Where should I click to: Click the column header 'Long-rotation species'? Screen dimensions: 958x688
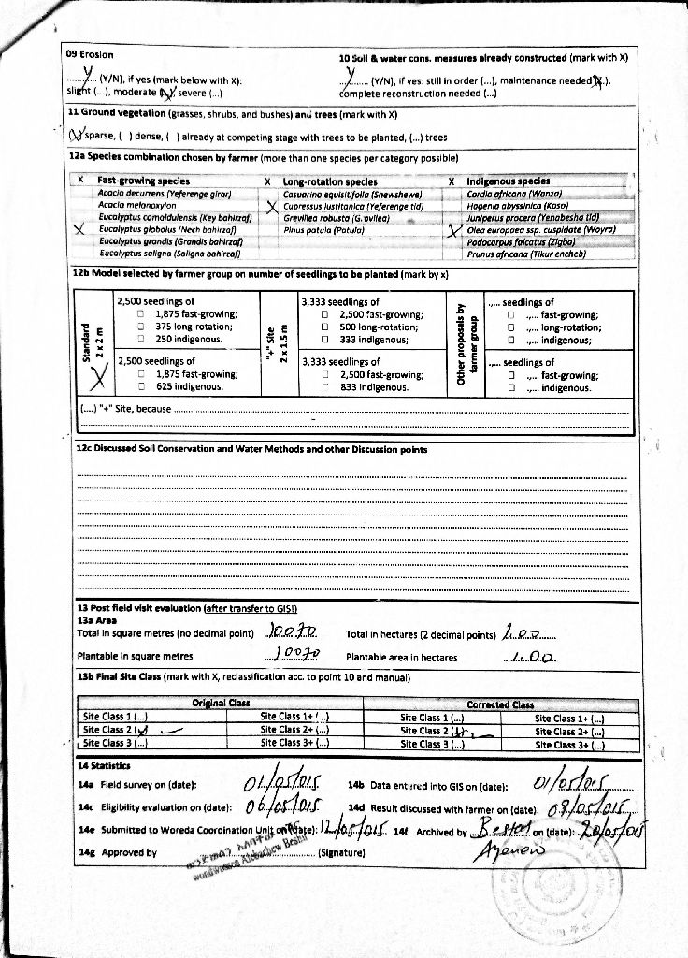point(330,181)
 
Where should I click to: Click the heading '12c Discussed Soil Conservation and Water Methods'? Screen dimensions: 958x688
point(251,449)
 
